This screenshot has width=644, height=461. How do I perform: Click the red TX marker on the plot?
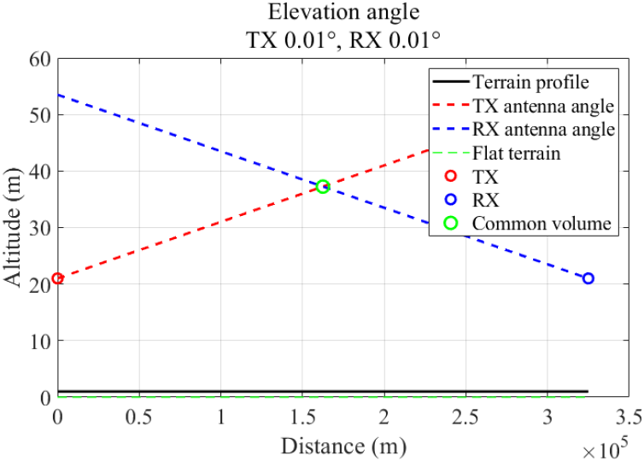coord(57,278)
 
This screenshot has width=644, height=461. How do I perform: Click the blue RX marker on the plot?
coord(588,278)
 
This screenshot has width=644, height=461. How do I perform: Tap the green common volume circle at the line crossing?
coord(323,187)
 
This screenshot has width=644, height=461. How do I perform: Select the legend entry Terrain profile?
coord(530,83)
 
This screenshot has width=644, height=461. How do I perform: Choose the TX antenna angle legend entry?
coord(542,107)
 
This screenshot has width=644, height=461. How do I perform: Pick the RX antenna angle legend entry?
coord(542,130)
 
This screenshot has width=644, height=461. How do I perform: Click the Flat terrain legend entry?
coord(516,154)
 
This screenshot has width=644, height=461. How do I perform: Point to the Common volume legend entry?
coord(542,224)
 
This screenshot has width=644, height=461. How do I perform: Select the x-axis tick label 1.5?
coord(302,416)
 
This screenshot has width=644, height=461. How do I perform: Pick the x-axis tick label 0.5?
coord(139,416)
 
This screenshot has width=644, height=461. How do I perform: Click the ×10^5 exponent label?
coord(607,446)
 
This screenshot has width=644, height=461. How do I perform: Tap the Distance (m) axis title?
coord(343,445)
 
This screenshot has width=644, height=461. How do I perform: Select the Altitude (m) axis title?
coord(15,228)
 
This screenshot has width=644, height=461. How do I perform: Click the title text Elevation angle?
coord(343,13)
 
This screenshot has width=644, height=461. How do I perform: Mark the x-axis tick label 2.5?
coord(465,416)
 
